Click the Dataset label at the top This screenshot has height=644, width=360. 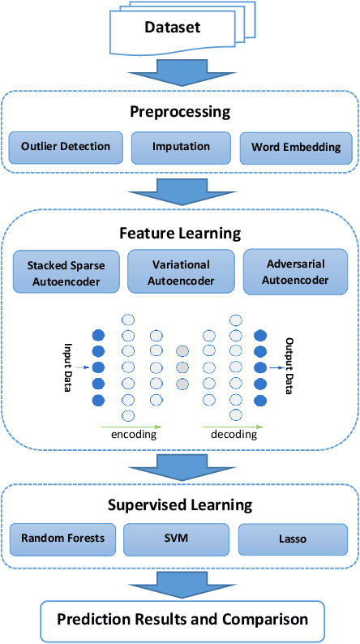tap(172, 29)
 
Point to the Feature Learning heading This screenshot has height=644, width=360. tap(180, 234)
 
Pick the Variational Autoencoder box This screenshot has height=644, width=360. tap(181, 272)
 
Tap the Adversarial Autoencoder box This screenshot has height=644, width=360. tap(297, 272)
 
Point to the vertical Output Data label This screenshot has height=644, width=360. tap(289, 366)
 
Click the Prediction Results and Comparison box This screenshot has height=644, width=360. tap(182, 620)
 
